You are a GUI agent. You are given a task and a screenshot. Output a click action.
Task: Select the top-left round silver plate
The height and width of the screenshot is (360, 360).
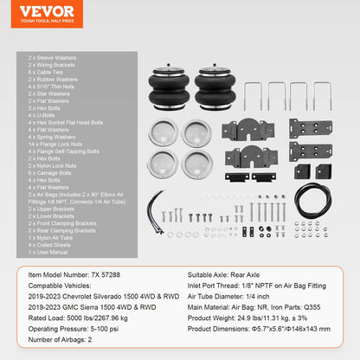tap(162, 132)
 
